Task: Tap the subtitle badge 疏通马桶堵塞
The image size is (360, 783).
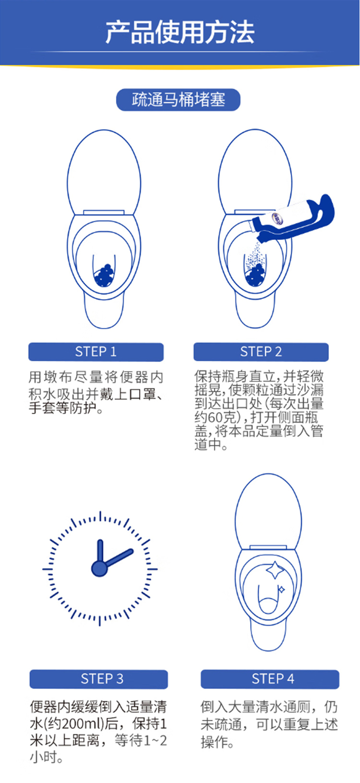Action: (x=178, y=100)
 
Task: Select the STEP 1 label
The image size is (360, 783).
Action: (x=96, y=352)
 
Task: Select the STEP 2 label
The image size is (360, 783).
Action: (x=261, y=352)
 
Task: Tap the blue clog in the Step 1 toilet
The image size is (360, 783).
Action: (x=104, y=275)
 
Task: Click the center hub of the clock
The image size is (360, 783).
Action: (x=99, y=568)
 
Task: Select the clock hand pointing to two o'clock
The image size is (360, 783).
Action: (x=118, y=559)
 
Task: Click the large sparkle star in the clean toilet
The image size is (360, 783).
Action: (x=275, y=570)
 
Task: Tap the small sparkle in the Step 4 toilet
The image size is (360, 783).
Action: (x=281, y=590)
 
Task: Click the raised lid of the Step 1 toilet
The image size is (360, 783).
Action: (x=104, y=171)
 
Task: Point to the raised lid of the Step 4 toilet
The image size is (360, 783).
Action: (x=268, y=511)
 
